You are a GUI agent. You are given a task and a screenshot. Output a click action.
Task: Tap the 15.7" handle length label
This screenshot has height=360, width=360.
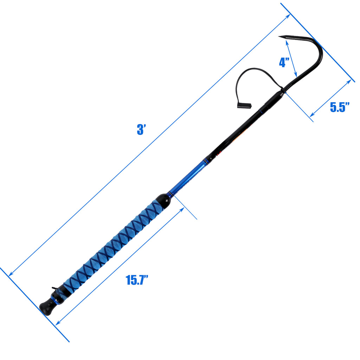137,280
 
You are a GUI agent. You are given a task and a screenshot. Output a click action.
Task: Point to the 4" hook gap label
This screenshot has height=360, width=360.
284,62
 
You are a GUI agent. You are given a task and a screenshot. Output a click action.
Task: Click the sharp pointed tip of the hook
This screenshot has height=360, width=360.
279,36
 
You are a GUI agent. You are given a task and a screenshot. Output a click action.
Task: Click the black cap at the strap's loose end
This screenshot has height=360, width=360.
244,105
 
